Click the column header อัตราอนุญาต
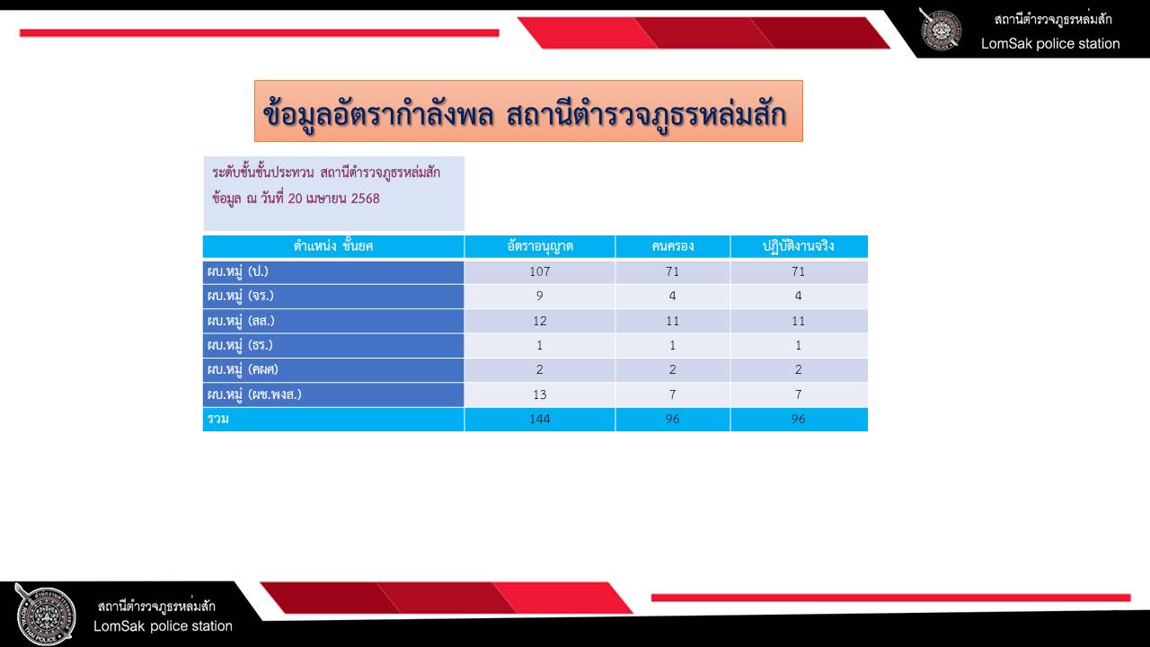click(540, 246)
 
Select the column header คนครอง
click(673, 246)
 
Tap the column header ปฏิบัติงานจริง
click(799, 246)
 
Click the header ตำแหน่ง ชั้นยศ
click(333, 246)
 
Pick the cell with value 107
click(540, 271)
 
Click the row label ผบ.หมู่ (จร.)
click(240, 296)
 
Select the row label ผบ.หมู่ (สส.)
click(241, 321)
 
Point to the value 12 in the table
click(540, 321)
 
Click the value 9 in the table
click(540, 296)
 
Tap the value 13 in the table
click(540, 394)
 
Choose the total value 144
click(540, 419)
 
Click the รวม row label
click(218, 419)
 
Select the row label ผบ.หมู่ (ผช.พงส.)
click(254, 394)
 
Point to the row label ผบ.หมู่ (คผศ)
click(243, 369)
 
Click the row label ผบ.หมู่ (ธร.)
click(240, 344)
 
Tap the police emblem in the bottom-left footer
click(45, 615)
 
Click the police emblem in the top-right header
click(940, 30)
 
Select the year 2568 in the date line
click(365, 199)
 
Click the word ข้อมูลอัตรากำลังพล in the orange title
click(378, 113)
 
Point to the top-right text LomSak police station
click(1050, 44)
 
